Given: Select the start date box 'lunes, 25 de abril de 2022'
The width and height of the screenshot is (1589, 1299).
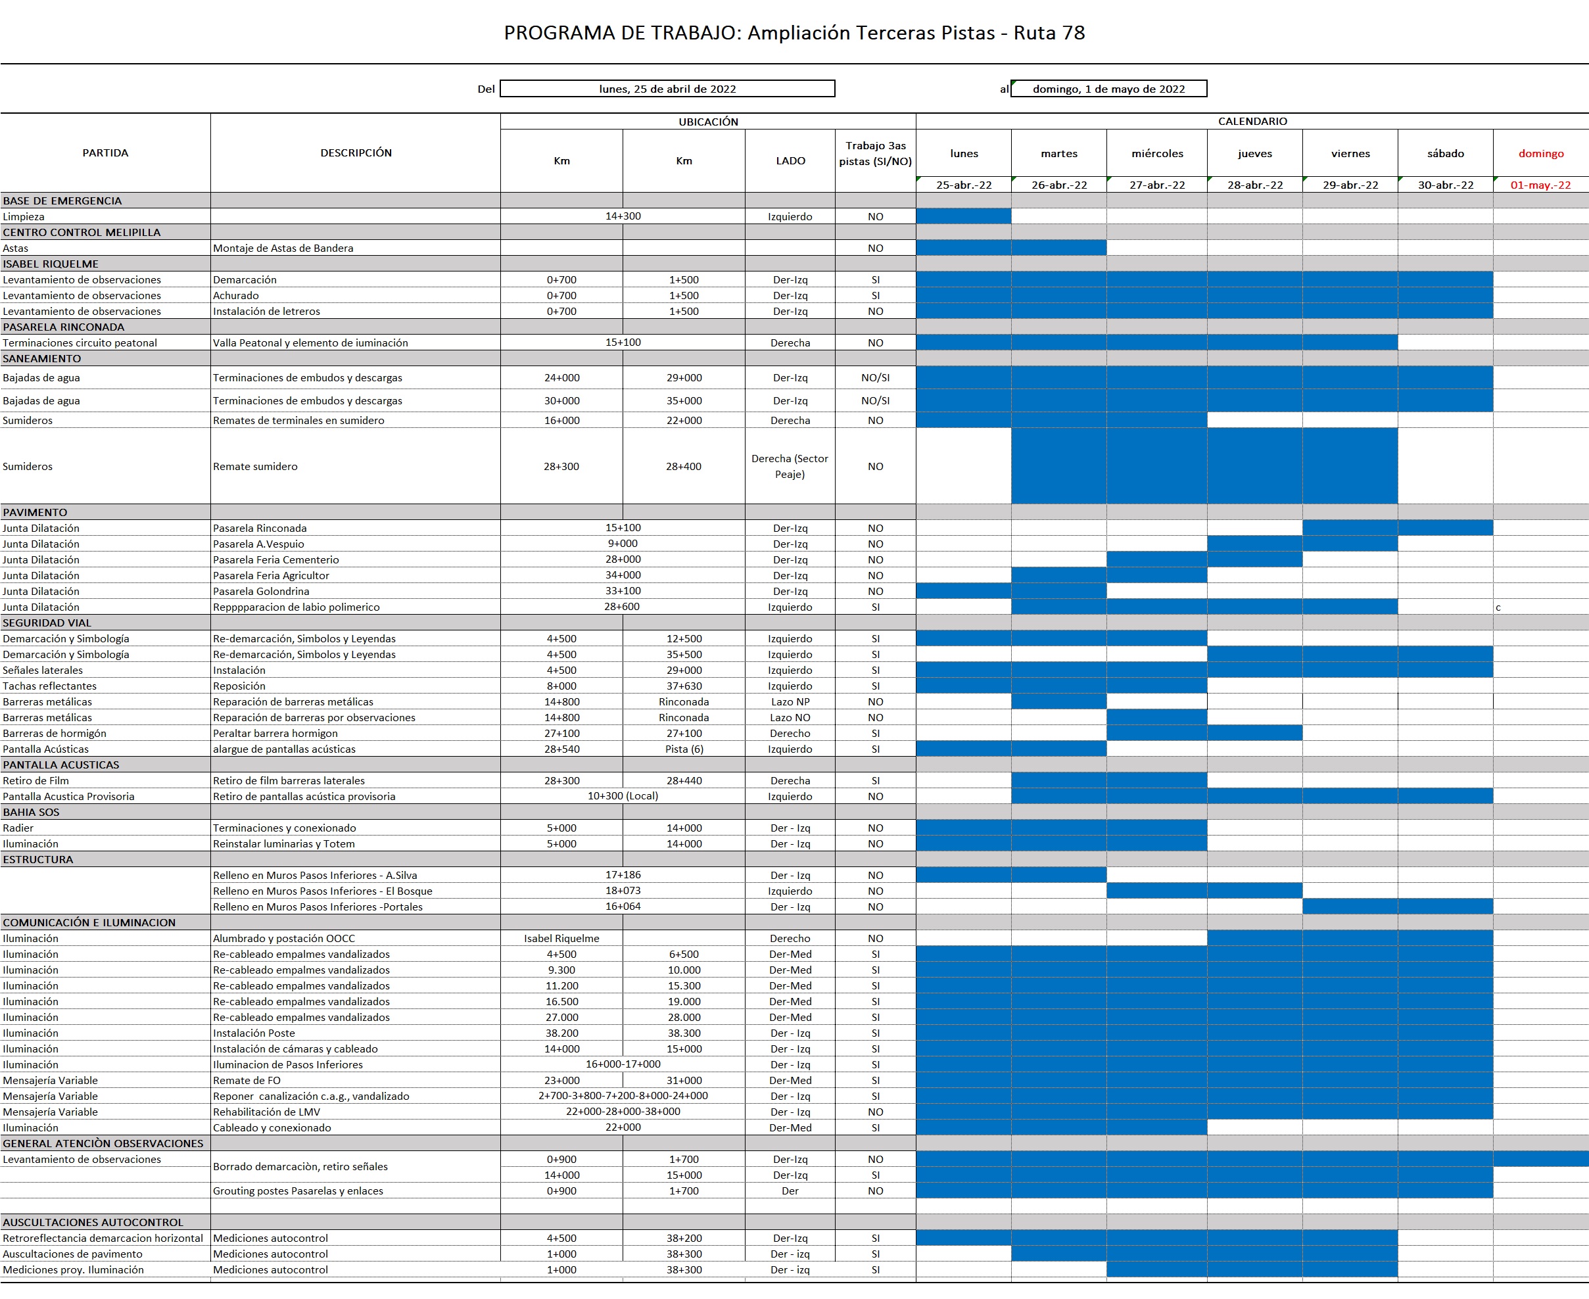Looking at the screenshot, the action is pos(667,89).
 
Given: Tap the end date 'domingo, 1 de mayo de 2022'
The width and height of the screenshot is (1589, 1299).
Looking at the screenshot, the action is pos(1108,89).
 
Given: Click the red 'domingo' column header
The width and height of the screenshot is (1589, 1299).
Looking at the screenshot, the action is pos(1540,153).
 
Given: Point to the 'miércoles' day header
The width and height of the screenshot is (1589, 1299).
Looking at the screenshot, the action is pos(1157,153).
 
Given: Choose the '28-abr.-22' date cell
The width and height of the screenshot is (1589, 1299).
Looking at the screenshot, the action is pos(1254,185).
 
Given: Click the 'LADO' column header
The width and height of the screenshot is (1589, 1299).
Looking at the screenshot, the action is pos(790,161).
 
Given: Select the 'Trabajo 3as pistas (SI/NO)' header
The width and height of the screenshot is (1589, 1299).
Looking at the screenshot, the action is pos(875,153).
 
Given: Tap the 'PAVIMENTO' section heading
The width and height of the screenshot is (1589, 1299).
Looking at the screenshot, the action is pos(35,513).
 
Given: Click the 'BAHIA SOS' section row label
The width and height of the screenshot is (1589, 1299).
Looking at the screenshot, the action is pos(32,812).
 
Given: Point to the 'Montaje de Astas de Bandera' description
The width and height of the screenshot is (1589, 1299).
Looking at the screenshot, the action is pos(283,248).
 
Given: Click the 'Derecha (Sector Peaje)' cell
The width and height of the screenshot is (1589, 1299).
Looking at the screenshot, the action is pos(790,466).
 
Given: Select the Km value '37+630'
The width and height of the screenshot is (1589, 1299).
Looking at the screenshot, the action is pos(684,686).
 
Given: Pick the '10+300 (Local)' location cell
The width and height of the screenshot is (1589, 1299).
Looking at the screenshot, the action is pos(623,796).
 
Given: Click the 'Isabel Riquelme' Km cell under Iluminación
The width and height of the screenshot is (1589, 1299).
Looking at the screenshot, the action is pos(562,938).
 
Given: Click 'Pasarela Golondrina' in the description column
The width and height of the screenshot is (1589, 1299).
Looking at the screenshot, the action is pos(261,591).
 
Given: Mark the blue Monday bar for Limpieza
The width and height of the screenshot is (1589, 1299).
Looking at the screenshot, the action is pos(964,216).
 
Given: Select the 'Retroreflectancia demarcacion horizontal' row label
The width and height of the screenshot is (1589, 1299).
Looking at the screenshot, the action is pos(103,1239).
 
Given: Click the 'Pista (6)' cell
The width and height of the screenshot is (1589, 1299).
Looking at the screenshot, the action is pos(684,749).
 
